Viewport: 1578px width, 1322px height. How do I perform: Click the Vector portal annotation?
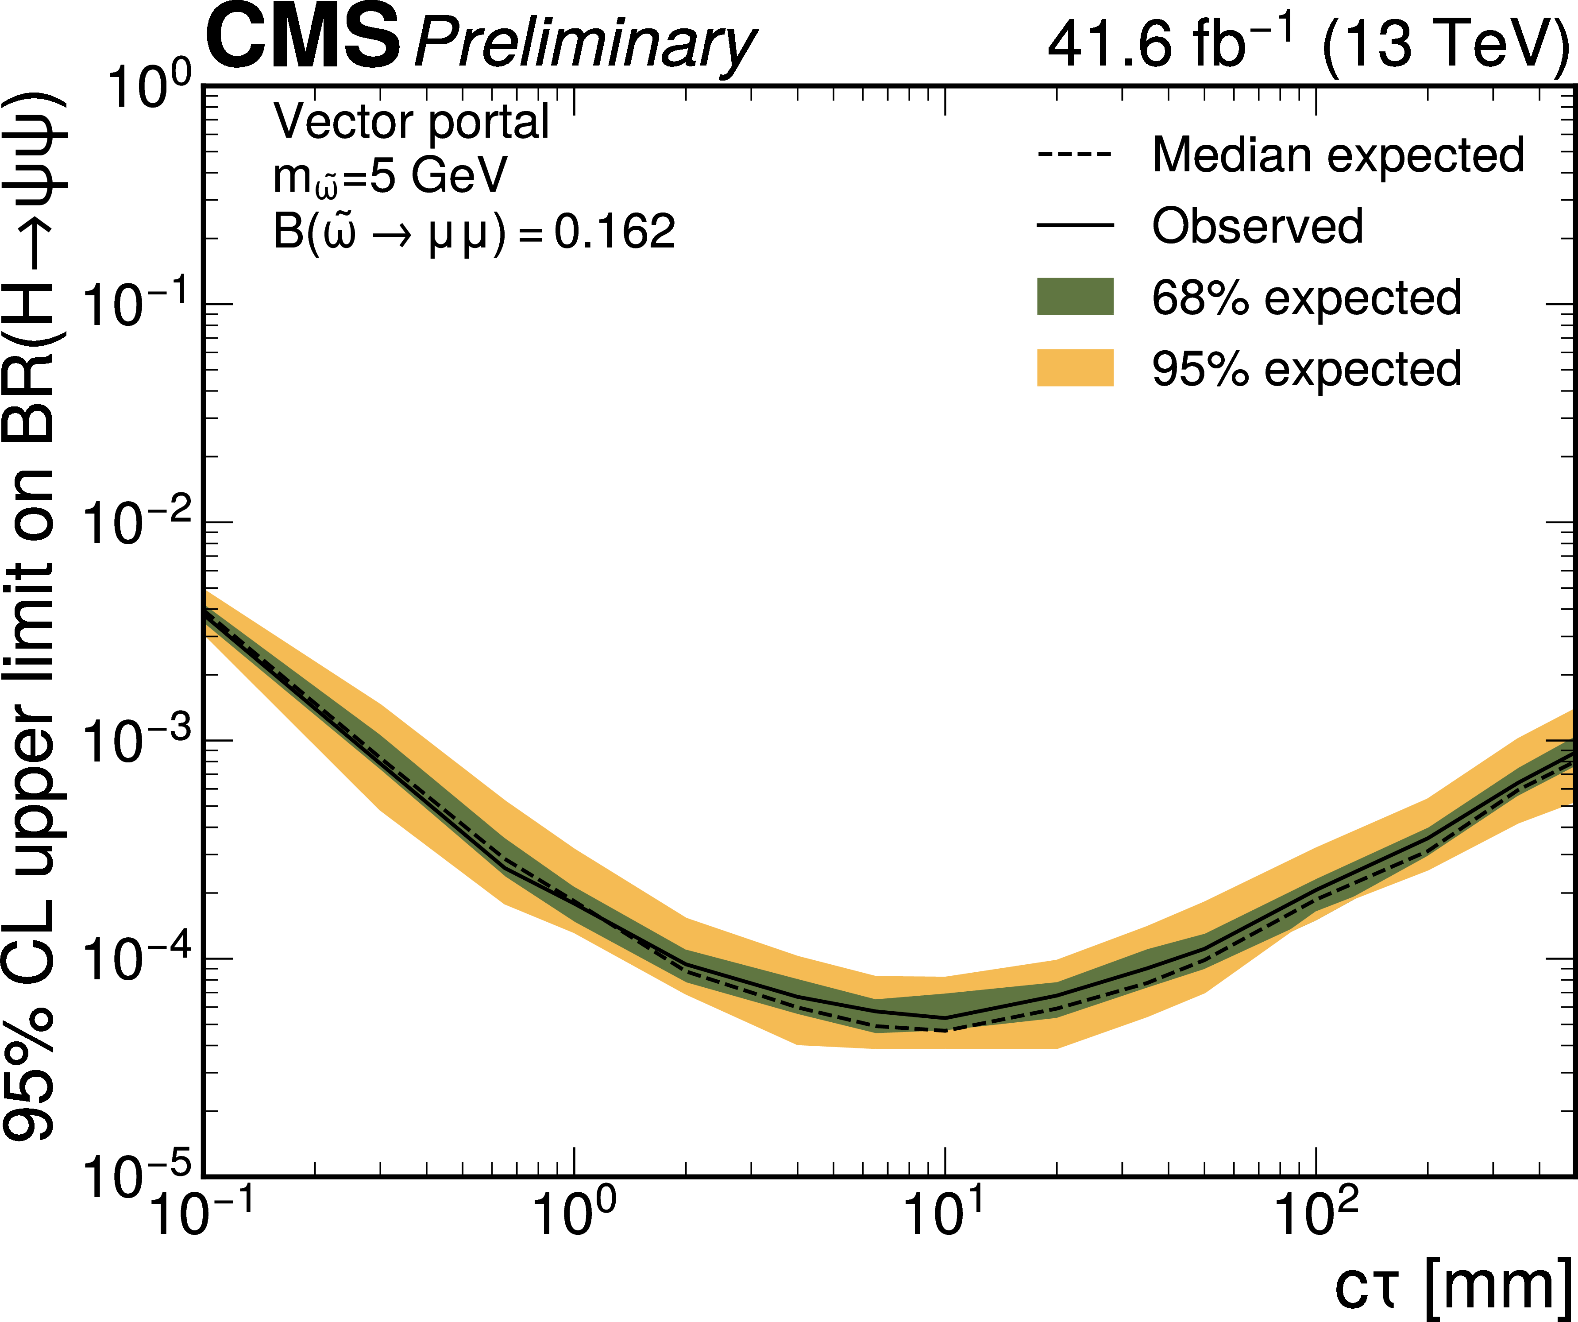[x=411, y=121]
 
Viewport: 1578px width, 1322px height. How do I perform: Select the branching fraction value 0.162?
[x=615, y=232]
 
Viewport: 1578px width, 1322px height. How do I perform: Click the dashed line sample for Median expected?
[x=1075, y=155]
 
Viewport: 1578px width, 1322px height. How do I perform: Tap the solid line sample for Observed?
[x=1075, y=225]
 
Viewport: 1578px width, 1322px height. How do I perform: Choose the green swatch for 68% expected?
[x=1075, y=296]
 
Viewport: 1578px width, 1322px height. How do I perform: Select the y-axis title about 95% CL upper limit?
[x=34, y=616]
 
